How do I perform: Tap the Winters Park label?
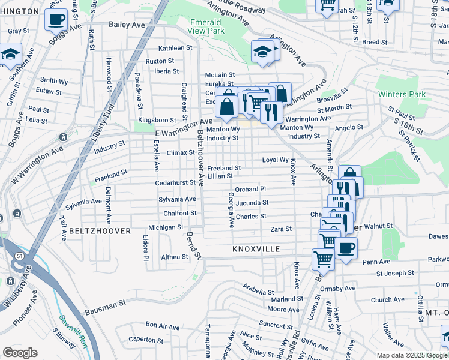402,94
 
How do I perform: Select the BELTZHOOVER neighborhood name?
91,230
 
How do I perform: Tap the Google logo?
20,352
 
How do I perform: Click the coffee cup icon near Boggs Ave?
56,19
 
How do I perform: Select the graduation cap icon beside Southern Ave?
10,54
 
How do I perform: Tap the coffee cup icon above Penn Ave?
345,248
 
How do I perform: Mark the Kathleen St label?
175,48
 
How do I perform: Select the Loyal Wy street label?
275,160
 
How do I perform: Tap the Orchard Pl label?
250,189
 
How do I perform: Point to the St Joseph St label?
396,274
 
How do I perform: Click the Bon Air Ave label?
163,327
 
